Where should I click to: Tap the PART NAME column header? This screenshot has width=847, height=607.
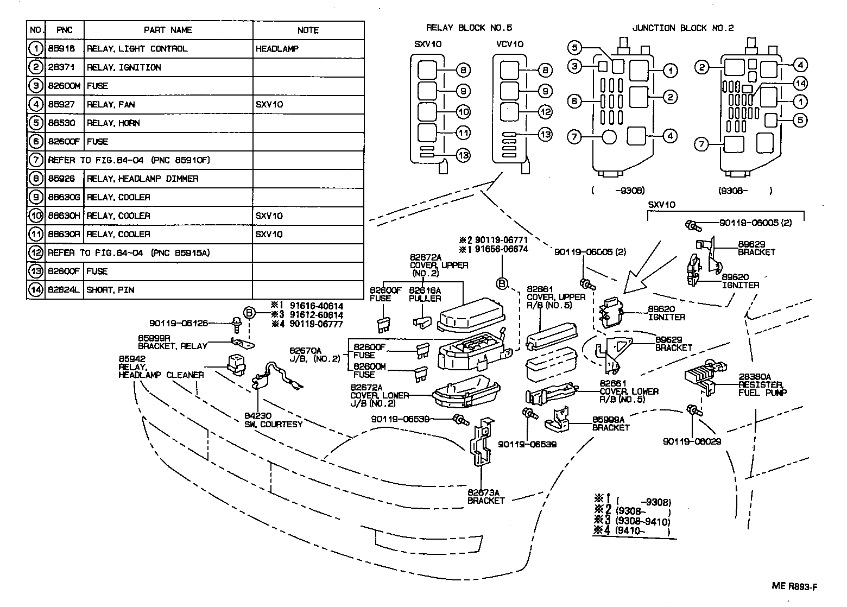click(168, 30)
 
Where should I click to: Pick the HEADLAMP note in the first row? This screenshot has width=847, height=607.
click(277, 49)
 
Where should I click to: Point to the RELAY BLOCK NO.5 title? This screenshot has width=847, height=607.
click(469, 28)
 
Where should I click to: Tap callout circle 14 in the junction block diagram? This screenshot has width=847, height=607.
click(799, 83)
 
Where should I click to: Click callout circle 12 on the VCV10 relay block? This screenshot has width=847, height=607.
click(545, 112)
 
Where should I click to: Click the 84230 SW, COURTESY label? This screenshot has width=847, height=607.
click(273, 420)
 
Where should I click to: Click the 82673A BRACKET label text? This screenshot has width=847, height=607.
click(486, 496)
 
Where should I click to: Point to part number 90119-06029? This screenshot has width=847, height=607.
click(691, 441)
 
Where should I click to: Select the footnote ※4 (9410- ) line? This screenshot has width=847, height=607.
click(633, 532)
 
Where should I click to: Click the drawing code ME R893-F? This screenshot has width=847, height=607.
click(794, 586)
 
